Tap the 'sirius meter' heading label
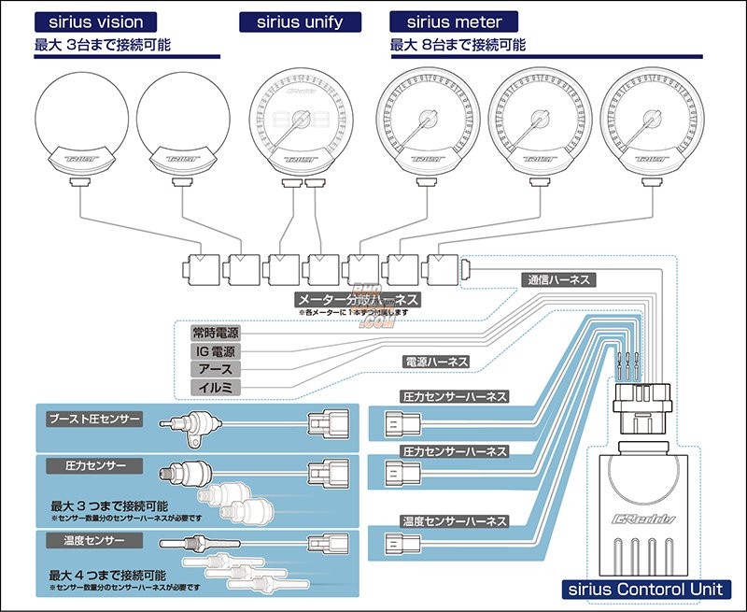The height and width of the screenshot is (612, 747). pos(446,21)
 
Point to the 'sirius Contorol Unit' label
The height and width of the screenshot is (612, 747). pos(645,590)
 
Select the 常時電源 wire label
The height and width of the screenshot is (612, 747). pos(215,332)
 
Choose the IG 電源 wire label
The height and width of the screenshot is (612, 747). pos(215,350)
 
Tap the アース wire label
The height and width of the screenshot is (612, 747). pos(215,369)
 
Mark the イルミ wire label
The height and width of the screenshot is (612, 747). pos(215,387)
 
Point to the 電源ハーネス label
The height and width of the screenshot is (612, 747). pos(435,361)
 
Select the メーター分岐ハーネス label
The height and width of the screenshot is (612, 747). pos(356,300)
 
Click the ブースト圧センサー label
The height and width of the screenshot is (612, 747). pos(95,420)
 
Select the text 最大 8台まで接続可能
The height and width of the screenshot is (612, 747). pos(458,44)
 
